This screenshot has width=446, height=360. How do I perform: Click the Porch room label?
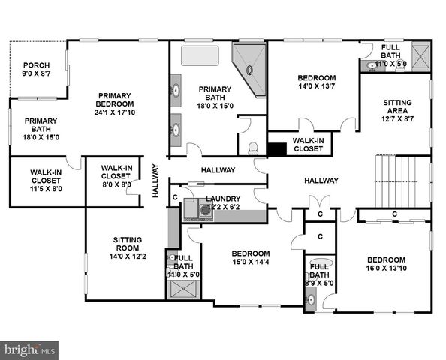point(35,70)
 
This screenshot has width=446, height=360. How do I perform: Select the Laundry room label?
point(223,202)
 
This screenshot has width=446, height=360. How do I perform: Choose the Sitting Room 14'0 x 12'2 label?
point(128,245)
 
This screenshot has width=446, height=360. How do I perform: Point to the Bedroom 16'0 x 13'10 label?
point(385,264)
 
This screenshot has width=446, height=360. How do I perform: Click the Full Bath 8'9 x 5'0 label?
point(318,274)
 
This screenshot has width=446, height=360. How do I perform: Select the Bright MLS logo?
point(30,349)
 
